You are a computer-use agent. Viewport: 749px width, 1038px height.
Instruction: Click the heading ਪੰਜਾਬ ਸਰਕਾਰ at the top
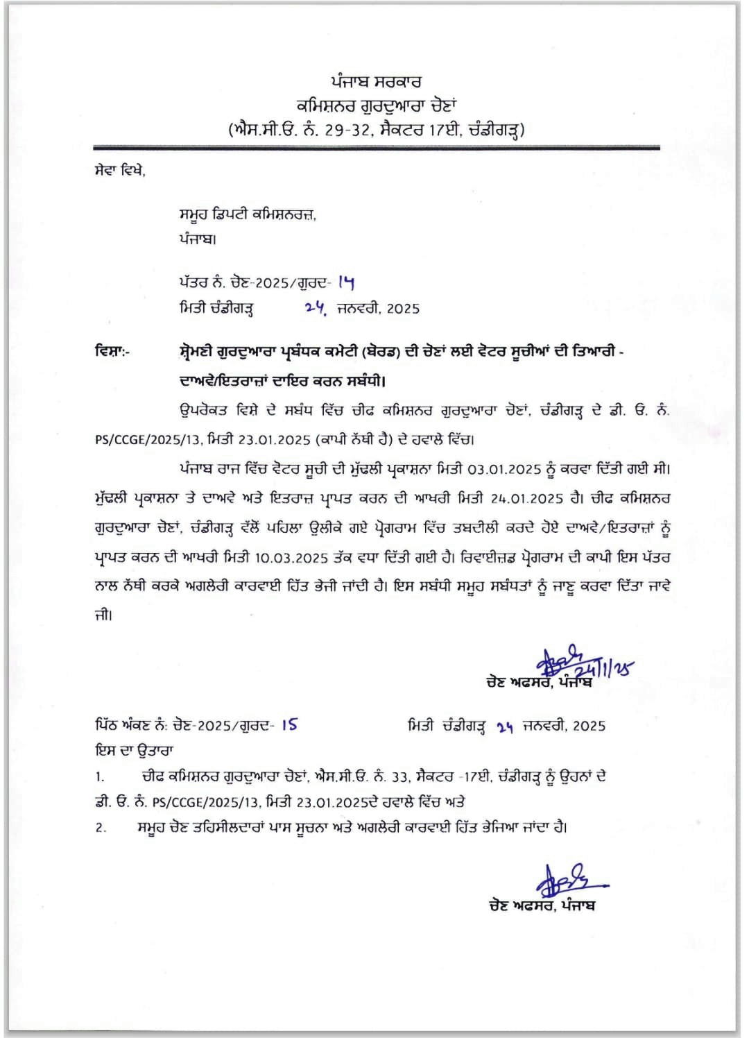(x=376, y=82)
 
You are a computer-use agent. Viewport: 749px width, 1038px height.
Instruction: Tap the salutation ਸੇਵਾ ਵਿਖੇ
(x=119, y=171)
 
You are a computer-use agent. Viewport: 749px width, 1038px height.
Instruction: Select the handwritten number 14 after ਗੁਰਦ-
(x=346, y=282)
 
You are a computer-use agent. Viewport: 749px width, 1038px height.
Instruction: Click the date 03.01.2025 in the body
(x=503, y=470)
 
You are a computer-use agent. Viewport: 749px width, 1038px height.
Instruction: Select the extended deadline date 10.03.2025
(x=291, y=558)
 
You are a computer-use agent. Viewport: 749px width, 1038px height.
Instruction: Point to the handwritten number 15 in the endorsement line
(x=289, y=724)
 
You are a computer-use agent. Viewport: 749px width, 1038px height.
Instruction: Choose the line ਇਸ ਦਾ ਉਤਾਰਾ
(x=134, y=751)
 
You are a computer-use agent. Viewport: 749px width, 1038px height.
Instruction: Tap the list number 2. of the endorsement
(x=101, y=828)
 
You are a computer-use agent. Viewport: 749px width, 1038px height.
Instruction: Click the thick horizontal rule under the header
(x=376, y=148)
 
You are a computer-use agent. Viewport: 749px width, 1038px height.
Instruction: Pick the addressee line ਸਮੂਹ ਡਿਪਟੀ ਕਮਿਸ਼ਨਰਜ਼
(x=247, y=215)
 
